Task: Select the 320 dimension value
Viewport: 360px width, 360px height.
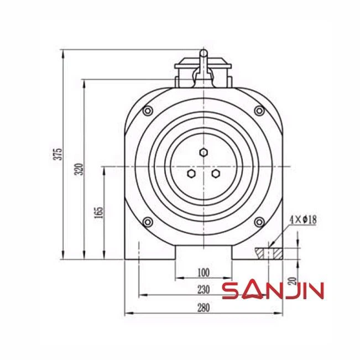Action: (79, 169)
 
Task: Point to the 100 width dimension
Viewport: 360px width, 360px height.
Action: (204, 273)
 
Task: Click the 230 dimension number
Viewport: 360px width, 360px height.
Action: (204, 289)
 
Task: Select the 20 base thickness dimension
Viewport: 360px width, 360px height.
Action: (291, 280)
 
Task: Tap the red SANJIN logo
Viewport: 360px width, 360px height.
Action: (273, 290)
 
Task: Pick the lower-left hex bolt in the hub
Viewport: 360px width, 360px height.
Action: (191, 174)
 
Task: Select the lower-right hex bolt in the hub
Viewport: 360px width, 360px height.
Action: (216, 174)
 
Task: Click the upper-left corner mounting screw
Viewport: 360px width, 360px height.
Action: (147, 111)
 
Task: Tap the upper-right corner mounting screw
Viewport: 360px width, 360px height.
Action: (259, 111)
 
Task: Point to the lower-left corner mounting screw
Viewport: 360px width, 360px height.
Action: (147, 222)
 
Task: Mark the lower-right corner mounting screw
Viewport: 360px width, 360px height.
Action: (259, 222)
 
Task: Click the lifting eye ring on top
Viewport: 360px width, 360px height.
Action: (204, 54)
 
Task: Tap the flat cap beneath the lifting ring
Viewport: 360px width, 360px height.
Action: (204, 66)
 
